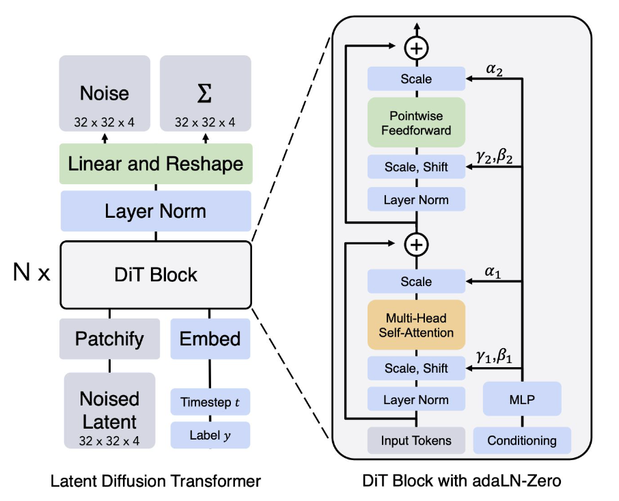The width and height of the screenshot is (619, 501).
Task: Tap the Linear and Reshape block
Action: tap(156, 164)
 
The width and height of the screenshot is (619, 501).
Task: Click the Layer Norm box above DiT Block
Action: tap(156, 211)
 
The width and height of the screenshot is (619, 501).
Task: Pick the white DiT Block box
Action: tap(156, 274)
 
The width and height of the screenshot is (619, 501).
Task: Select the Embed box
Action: tap(210, 339)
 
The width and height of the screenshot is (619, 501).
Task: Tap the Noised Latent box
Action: tap(109, 410)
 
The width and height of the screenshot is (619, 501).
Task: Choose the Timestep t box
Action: tap(210, 402)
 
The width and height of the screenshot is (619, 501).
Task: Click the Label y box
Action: tap(210, 435)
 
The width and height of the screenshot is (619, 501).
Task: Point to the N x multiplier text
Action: tap(32, 274)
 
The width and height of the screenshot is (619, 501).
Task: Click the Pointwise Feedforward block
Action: tap(416, 123)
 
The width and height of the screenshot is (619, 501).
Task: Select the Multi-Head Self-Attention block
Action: tap(416, 326)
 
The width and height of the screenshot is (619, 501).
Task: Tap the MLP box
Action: tap(522, 399)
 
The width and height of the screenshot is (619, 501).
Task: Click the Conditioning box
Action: tap(522, 440)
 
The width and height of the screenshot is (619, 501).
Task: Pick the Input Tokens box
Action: tap(416, 440)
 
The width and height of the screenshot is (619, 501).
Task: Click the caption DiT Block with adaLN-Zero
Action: tap(462, 481)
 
